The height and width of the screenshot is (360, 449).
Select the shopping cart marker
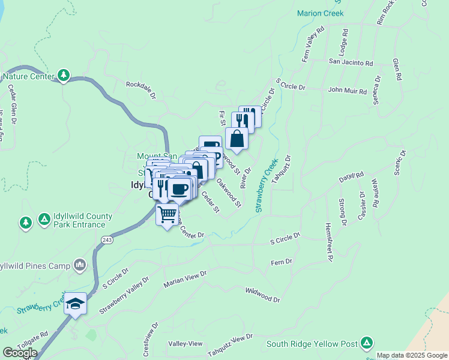(167, 214)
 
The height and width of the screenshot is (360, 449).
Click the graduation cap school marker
(76, 302)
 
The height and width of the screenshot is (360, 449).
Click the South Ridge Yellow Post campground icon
(367, 343)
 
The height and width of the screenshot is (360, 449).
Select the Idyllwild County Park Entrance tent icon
(44, 220)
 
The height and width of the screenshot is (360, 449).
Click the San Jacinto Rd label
(351, 62)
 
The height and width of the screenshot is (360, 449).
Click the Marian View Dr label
(185, 278)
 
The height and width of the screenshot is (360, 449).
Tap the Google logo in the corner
(20, 353)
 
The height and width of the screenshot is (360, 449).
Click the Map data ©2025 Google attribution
(412, 356)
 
